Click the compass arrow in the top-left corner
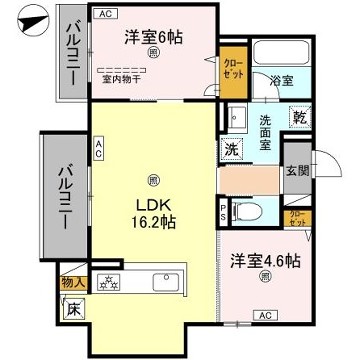pyautogui.click(x=30, y=21)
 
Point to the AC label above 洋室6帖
pyautogui.click(x=107, y=14)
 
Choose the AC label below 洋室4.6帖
pyautogui.click(x=266, y=316)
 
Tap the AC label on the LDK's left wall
pyautogui.click(x=99, y=149)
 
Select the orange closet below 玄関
pyautogui.click(x=297, y=216)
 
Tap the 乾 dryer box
pyautogui.click(x=299, y=117)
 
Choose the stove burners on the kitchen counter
pyautogui.click(x=108, y=280)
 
